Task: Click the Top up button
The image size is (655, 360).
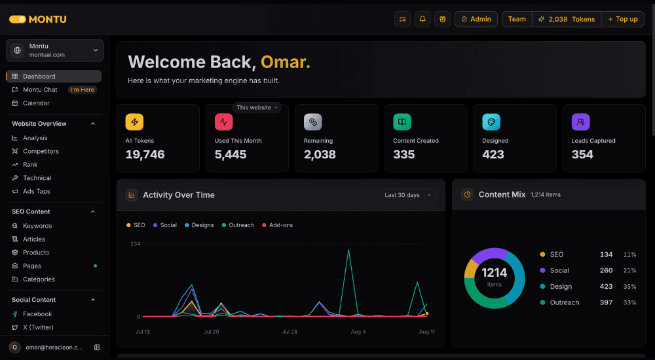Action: click(622, 19)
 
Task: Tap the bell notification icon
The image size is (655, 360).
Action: click(422, 19)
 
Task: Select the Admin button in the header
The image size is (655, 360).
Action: click(476, 19)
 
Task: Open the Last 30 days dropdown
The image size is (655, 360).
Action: click(407, 195)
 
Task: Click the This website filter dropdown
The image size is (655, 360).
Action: click(257, 108)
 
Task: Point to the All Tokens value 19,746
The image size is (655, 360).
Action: click(145, 154)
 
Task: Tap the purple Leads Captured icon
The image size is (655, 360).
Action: click(580, 122)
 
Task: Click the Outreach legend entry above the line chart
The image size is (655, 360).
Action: click(238, 225)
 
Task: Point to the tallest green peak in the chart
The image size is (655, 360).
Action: click(348, 250)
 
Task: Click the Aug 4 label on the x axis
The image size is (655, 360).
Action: click(358, 332)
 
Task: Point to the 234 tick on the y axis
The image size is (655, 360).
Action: click(136, 244)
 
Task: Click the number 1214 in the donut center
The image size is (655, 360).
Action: click(494, 273)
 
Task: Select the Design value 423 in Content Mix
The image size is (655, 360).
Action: click(606, 287)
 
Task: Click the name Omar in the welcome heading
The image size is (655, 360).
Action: click(286, 62)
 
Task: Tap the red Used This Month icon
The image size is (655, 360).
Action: click(223, 122)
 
